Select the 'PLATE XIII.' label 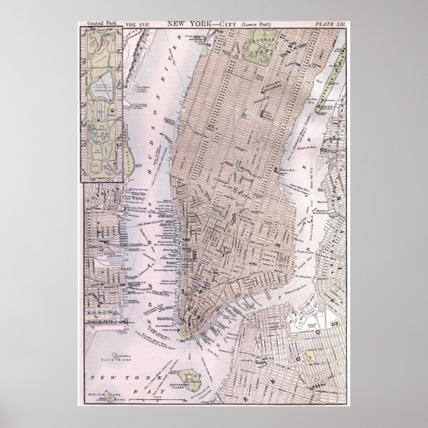click(330, 23)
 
